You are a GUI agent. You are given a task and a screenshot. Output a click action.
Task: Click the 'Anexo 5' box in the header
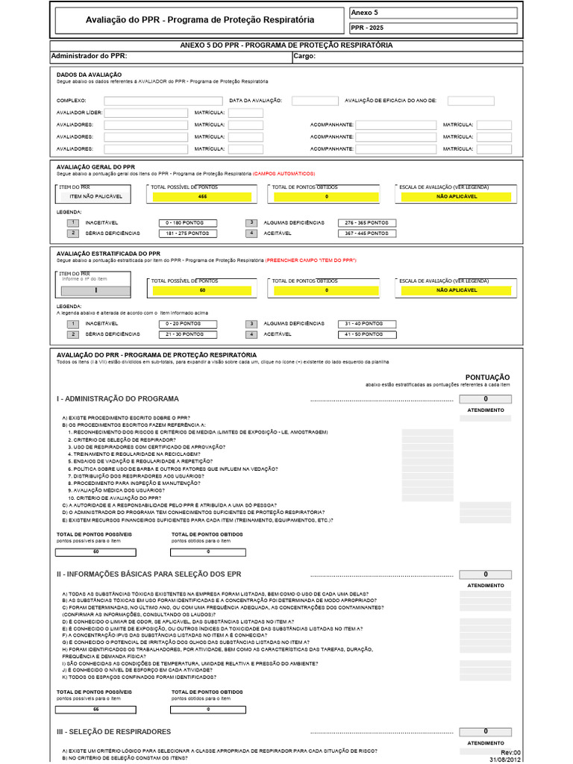(433, 13)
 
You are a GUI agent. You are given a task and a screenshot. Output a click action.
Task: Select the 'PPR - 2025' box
(433, 28)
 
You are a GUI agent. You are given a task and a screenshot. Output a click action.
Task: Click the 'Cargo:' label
(304, 56)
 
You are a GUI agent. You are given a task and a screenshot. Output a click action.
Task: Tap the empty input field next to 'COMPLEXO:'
(163, 101)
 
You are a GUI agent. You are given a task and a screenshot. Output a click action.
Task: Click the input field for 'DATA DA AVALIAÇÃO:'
(315, 101)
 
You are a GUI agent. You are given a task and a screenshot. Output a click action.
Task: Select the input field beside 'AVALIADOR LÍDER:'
(145, 113)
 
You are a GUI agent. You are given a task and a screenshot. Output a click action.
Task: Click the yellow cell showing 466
(202, 196)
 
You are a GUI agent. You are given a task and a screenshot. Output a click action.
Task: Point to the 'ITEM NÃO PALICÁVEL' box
(95, 196)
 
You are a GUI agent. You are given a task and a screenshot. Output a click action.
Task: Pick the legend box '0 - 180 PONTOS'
(187, 223)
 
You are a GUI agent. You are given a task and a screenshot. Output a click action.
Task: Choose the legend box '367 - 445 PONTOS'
(366, 234)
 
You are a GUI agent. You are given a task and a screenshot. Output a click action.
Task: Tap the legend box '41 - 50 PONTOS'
(366, 335)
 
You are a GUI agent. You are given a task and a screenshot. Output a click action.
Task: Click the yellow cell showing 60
(202, 289)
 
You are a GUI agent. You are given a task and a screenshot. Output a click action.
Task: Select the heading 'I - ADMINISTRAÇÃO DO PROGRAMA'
(118, 399)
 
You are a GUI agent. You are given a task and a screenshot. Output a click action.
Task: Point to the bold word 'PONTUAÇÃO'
(487, 378)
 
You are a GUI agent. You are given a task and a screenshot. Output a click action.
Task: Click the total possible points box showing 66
(95, 709)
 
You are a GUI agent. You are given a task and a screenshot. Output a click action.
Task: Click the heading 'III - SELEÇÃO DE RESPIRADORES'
(113, 732)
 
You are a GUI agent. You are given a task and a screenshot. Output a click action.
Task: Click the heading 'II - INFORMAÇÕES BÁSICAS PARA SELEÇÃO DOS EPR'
(160, 574)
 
